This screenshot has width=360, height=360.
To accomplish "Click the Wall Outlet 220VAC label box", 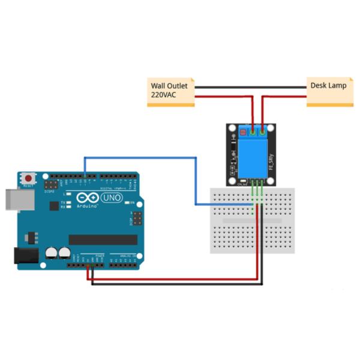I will click(171, 92).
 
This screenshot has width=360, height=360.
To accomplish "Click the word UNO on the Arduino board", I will click(112, 198).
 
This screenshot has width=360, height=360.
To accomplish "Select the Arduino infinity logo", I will click(89, 199).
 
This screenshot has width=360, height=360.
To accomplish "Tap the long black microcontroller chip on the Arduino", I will click(103, 239).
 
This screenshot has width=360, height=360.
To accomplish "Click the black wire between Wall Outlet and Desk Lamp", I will click(250, 87).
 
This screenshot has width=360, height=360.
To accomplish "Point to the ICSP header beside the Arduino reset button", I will click(49, 186).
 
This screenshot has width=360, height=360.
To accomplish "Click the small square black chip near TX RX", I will click(53, 206).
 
